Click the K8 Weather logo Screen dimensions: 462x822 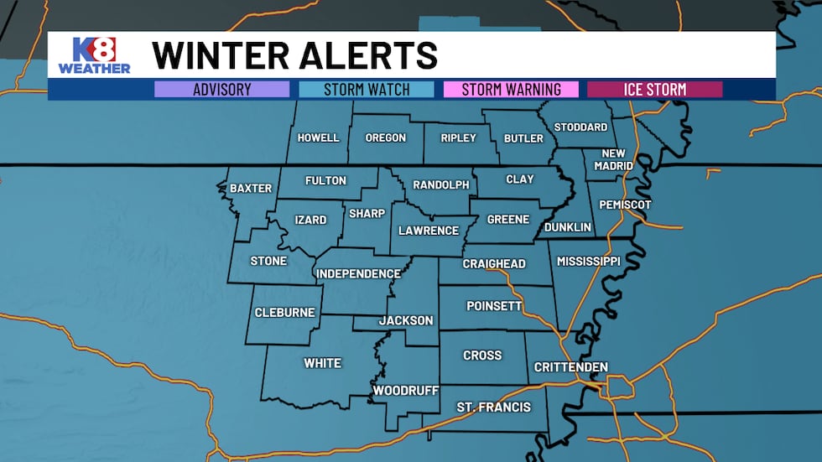coord(94,55)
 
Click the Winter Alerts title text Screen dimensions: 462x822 coord(294,56)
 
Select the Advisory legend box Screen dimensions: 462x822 coord(221,90)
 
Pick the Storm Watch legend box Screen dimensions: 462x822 coord(367,90)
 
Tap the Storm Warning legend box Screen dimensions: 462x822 coord(511,90)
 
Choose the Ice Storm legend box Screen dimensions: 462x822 coord(655,90)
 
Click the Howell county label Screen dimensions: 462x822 coord(319,138)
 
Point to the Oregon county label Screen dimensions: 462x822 coord(386,138)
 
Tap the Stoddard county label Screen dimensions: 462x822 coord(580,127)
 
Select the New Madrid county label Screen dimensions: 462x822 coord(614,159)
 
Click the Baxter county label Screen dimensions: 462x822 coord(251,189)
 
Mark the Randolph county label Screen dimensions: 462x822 coord(441,185)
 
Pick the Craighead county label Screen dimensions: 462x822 coord(494,264)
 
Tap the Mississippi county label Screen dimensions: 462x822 coord(588,262)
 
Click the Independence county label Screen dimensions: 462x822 coord(358,274)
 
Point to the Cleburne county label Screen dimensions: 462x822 coord(285,313)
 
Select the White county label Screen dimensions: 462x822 coord(323,363)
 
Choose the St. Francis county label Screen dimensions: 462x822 coord(493,407)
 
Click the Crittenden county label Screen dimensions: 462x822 coord(571,367)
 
